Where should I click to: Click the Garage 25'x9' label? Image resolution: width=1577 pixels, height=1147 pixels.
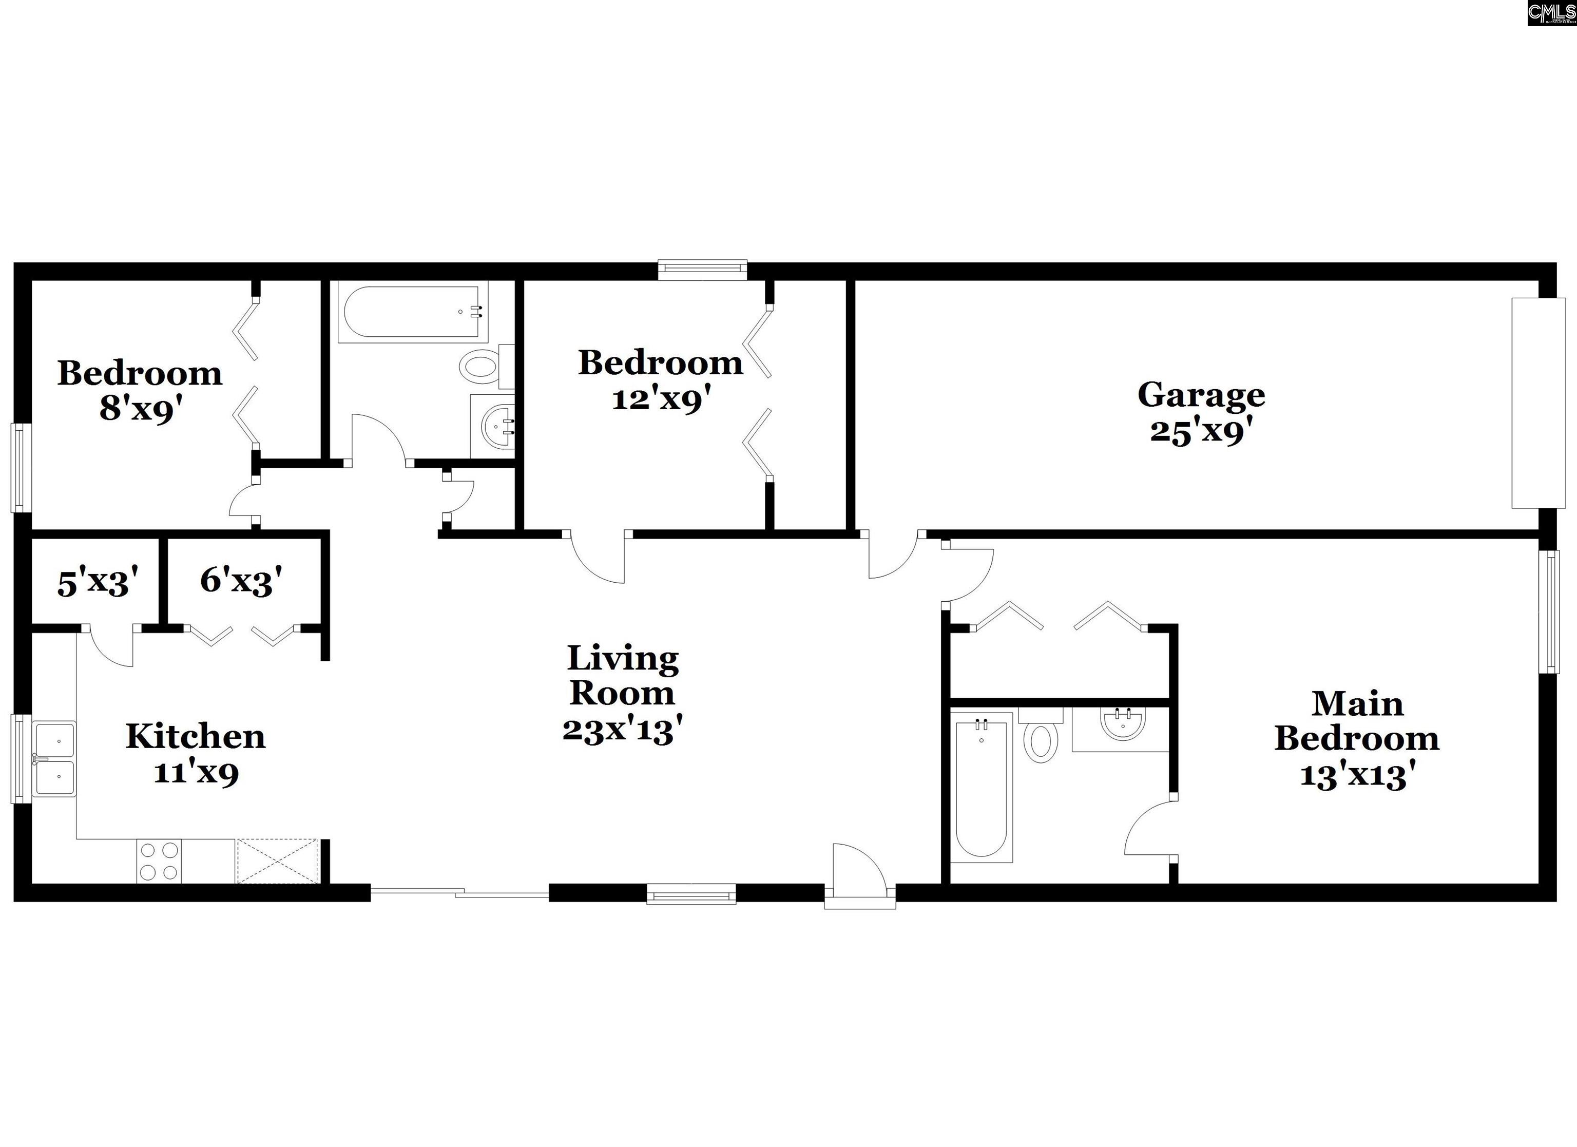click(x=1201, y=412)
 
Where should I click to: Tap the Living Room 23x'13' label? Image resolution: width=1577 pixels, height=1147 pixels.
click(x=622, y=694)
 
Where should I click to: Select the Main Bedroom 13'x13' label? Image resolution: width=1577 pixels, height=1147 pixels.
click(x=1357, y=739)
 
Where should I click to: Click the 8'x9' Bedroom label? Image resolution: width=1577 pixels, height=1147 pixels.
click(x=140, y=391)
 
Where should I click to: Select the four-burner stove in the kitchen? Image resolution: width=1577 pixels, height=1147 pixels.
click(x=159, y=861)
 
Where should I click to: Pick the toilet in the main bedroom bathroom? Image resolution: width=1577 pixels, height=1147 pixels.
click(x=1041, y=736)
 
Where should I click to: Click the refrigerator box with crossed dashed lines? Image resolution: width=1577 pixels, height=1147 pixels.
click(x=277, y=861)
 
